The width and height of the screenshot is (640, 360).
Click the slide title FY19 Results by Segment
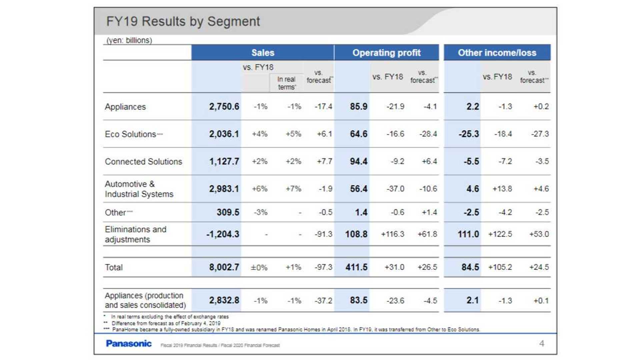[x=183, y=21]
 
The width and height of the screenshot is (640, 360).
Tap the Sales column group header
[x=263, y=53]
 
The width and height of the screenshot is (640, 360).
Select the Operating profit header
[x=386, y=53]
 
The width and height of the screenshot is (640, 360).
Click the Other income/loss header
[x=497, y=53]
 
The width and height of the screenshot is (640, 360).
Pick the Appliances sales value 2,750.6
[x=224, y=107]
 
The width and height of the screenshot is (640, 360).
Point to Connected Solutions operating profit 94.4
[x=359, y=161]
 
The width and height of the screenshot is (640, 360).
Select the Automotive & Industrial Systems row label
[x=139, y=189]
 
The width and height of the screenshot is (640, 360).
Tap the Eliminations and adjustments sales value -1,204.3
[x=223, y=234]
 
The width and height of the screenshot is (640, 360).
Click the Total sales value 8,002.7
[x=224, y=267]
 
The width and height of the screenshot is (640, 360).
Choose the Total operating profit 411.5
[x=356, y=267]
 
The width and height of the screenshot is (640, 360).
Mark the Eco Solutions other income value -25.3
[x=469, y=134]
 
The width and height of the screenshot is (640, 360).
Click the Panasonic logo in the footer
[x=129, y=343]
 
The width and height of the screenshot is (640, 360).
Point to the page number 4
[x=542, y=343]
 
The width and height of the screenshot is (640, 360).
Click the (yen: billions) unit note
[x=129, y=40]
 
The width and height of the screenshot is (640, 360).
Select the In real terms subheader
[x=286, y=83]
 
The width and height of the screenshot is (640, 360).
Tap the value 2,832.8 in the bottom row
[x=224, y=300]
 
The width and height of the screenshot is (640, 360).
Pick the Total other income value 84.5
[x=470, y=267]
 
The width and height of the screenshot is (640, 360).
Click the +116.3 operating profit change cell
[x=393, y=234]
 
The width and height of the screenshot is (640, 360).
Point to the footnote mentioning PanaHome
[x=292, y=330]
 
